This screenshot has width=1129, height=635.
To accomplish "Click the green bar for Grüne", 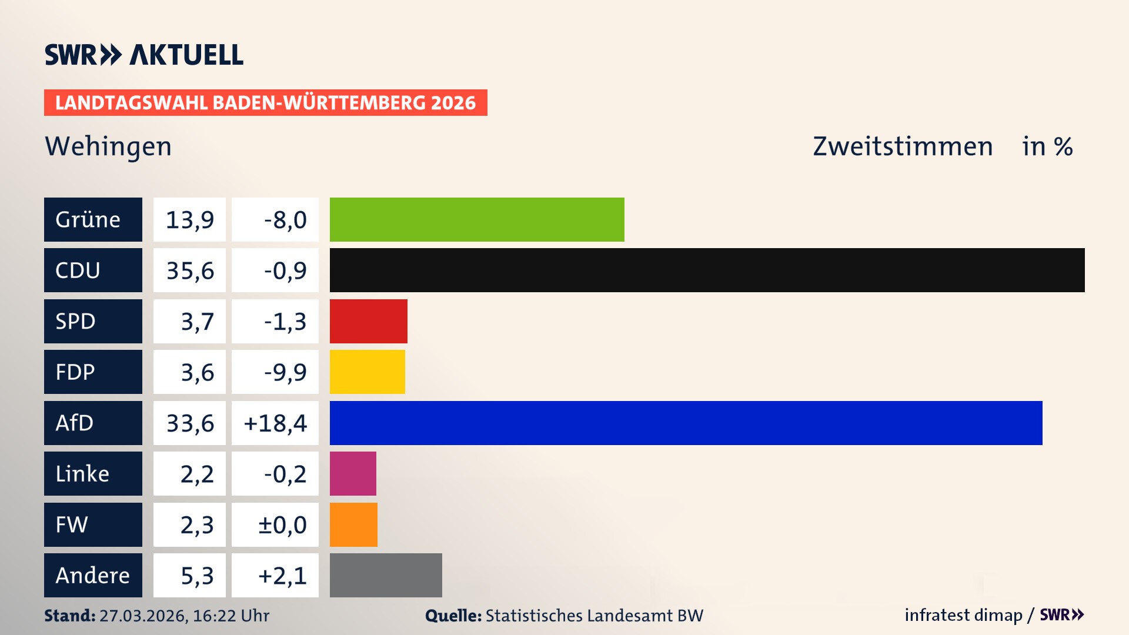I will tap(477, 219).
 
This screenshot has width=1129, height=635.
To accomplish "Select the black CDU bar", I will tap(707, 270).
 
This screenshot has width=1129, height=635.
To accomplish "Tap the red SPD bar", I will tap(368, 321).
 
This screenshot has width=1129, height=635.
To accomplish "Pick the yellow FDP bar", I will tap(367, 372).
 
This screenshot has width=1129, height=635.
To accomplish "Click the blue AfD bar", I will tap(686, 423).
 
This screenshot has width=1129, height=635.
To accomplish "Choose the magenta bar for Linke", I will tap(353, 473).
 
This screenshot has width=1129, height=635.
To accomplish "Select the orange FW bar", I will tap(353, 524).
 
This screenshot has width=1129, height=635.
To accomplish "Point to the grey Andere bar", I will tap(386, 575).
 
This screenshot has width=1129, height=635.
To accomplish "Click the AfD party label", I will tap(93, 423).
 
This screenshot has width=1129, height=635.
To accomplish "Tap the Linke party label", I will tap(93, 473).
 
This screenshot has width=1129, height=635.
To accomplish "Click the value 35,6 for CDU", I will tap(189, 270).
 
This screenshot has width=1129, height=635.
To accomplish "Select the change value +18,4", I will tap(275, 423).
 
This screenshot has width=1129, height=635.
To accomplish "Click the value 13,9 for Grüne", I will tap(189, 219).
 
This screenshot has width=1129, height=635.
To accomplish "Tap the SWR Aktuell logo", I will tap(143, 55).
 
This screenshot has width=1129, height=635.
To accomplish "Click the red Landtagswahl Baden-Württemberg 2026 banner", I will tap(265, 102).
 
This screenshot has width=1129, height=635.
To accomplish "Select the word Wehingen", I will tap(108, 146).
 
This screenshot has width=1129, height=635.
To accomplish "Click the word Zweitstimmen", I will tap(903, 146).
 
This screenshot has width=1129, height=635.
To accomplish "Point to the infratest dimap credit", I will tap(963, 615).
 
